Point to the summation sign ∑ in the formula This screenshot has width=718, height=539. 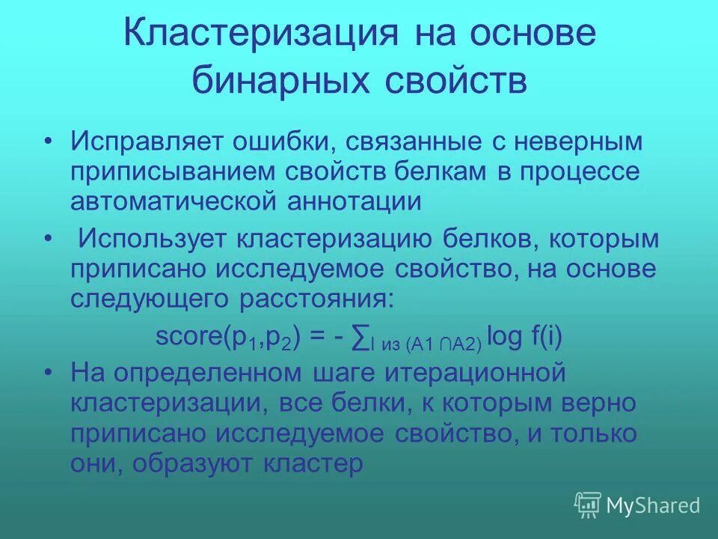pos(358,338)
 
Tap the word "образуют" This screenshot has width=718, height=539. pos(196,463)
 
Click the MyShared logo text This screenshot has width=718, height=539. pos(652,506)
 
